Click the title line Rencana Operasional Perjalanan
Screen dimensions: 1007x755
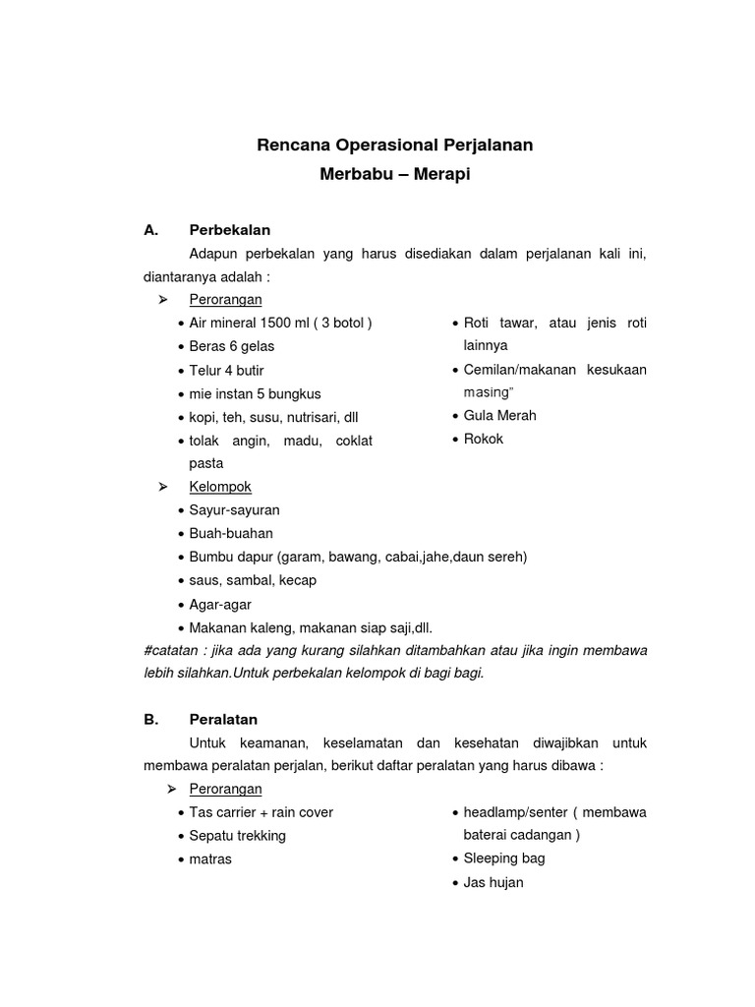pos(394,146)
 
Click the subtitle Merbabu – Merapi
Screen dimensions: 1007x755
pos(394,176)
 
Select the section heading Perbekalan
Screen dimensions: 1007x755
pos(229,230)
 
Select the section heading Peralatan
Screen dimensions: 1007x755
pos(223,719)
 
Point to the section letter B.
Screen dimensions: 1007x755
pos(150,719)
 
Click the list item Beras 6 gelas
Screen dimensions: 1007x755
pos(232,346)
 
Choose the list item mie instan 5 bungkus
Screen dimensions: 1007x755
pos(255,393)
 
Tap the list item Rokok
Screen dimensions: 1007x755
pos(483,439)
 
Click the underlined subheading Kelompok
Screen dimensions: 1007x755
pos(220,487)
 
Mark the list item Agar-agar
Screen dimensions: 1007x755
pos(221,604)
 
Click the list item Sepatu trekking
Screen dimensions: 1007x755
pos(237,835)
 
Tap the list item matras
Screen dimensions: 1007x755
pos(210,859)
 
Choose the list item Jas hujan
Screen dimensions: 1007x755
pos(494,882)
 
